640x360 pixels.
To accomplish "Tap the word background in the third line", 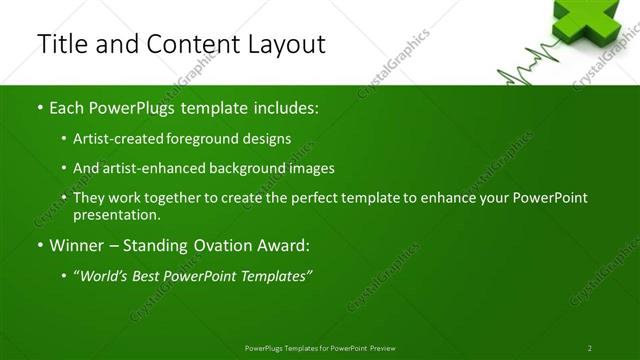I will [x=250, y=169].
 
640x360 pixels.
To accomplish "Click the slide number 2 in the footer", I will [x=589, y=347].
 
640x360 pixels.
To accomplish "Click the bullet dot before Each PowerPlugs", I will [x=39, y=107].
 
